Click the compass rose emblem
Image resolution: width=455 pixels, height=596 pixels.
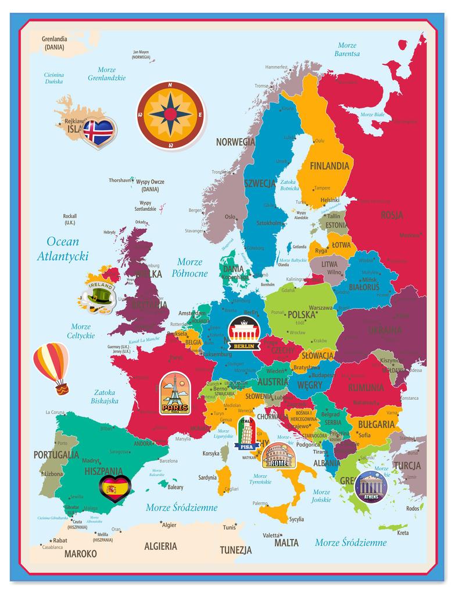click(x=171, y=115)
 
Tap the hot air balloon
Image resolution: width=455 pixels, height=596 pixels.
click(x=52, y=366)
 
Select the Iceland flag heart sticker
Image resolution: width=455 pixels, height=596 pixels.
click(x=98, y=132)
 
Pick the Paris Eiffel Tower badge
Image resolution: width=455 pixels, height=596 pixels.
click(x=175, y=394)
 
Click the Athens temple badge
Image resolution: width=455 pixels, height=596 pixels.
click(x=370, y=486)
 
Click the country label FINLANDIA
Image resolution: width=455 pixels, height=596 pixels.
click(x=329, y=166)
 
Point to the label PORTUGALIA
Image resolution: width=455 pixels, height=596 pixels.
click(x=56, y=455)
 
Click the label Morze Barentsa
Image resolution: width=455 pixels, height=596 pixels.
click(x=347, y=49)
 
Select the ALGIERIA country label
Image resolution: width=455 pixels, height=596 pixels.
click(x=160, y=546)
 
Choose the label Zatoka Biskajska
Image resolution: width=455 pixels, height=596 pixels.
click(x=105, y=396)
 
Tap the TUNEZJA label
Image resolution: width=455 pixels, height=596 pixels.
click(x=235, y=550)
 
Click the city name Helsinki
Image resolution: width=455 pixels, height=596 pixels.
click(x=330, y=200)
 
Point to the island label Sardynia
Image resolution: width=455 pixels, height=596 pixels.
click(x=207, y=478)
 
